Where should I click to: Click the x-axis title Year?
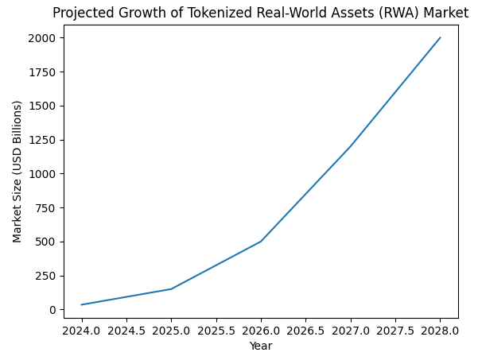pos(261,346)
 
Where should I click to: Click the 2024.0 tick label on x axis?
pos(81,330)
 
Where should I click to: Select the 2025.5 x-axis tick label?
pos(216,330)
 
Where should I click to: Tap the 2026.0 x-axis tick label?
pos(261,330)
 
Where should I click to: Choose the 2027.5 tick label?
pos(395,330)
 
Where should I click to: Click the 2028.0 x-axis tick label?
pos(440,330)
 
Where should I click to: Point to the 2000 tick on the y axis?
pos(43,38)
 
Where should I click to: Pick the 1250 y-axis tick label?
pos(43,140)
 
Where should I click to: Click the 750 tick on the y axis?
pos(46,208)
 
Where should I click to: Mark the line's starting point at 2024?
pos(81,304)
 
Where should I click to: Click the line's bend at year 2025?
pos(171,288)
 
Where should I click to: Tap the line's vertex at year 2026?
pos(261,242)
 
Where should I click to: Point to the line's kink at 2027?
pos(351,146)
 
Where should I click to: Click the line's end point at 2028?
pos(440,37)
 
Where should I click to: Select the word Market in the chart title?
pos(446,13)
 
